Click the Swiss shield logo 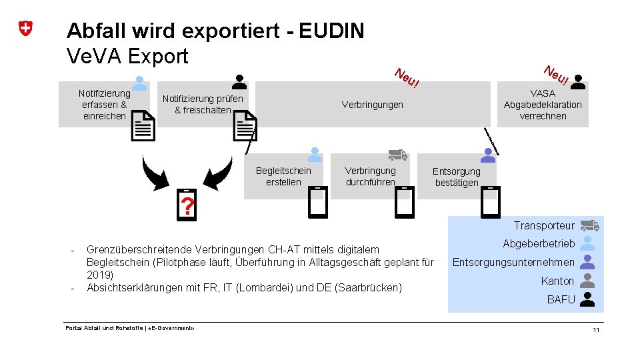point(26,29)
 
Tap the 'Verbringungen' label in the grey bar point(372,105)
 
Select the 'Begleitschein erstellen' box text point(283,176)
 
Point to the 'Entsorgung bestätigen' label point(457,177)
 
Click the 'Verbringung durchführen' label point(370,176)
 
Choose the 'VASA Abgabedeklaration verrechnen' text point(543,105)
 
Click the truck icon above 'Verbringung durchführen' point(397,155)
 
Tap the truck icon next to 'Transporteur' point(589,226)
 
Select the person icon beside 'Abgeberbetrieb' point(587,243)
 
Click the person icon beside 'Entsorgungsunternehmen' point(587,262)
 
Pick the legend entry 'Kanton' point(557,281)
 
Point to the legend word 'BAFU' point(561,299)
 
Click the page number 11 point(596,331)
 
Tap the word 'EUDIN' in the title point(332,31)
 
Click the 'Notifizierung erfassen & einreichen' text point(104,105)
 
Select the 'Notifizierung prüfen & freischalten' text point(203,105)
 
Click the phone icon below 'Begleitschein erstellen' point(318,202)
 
